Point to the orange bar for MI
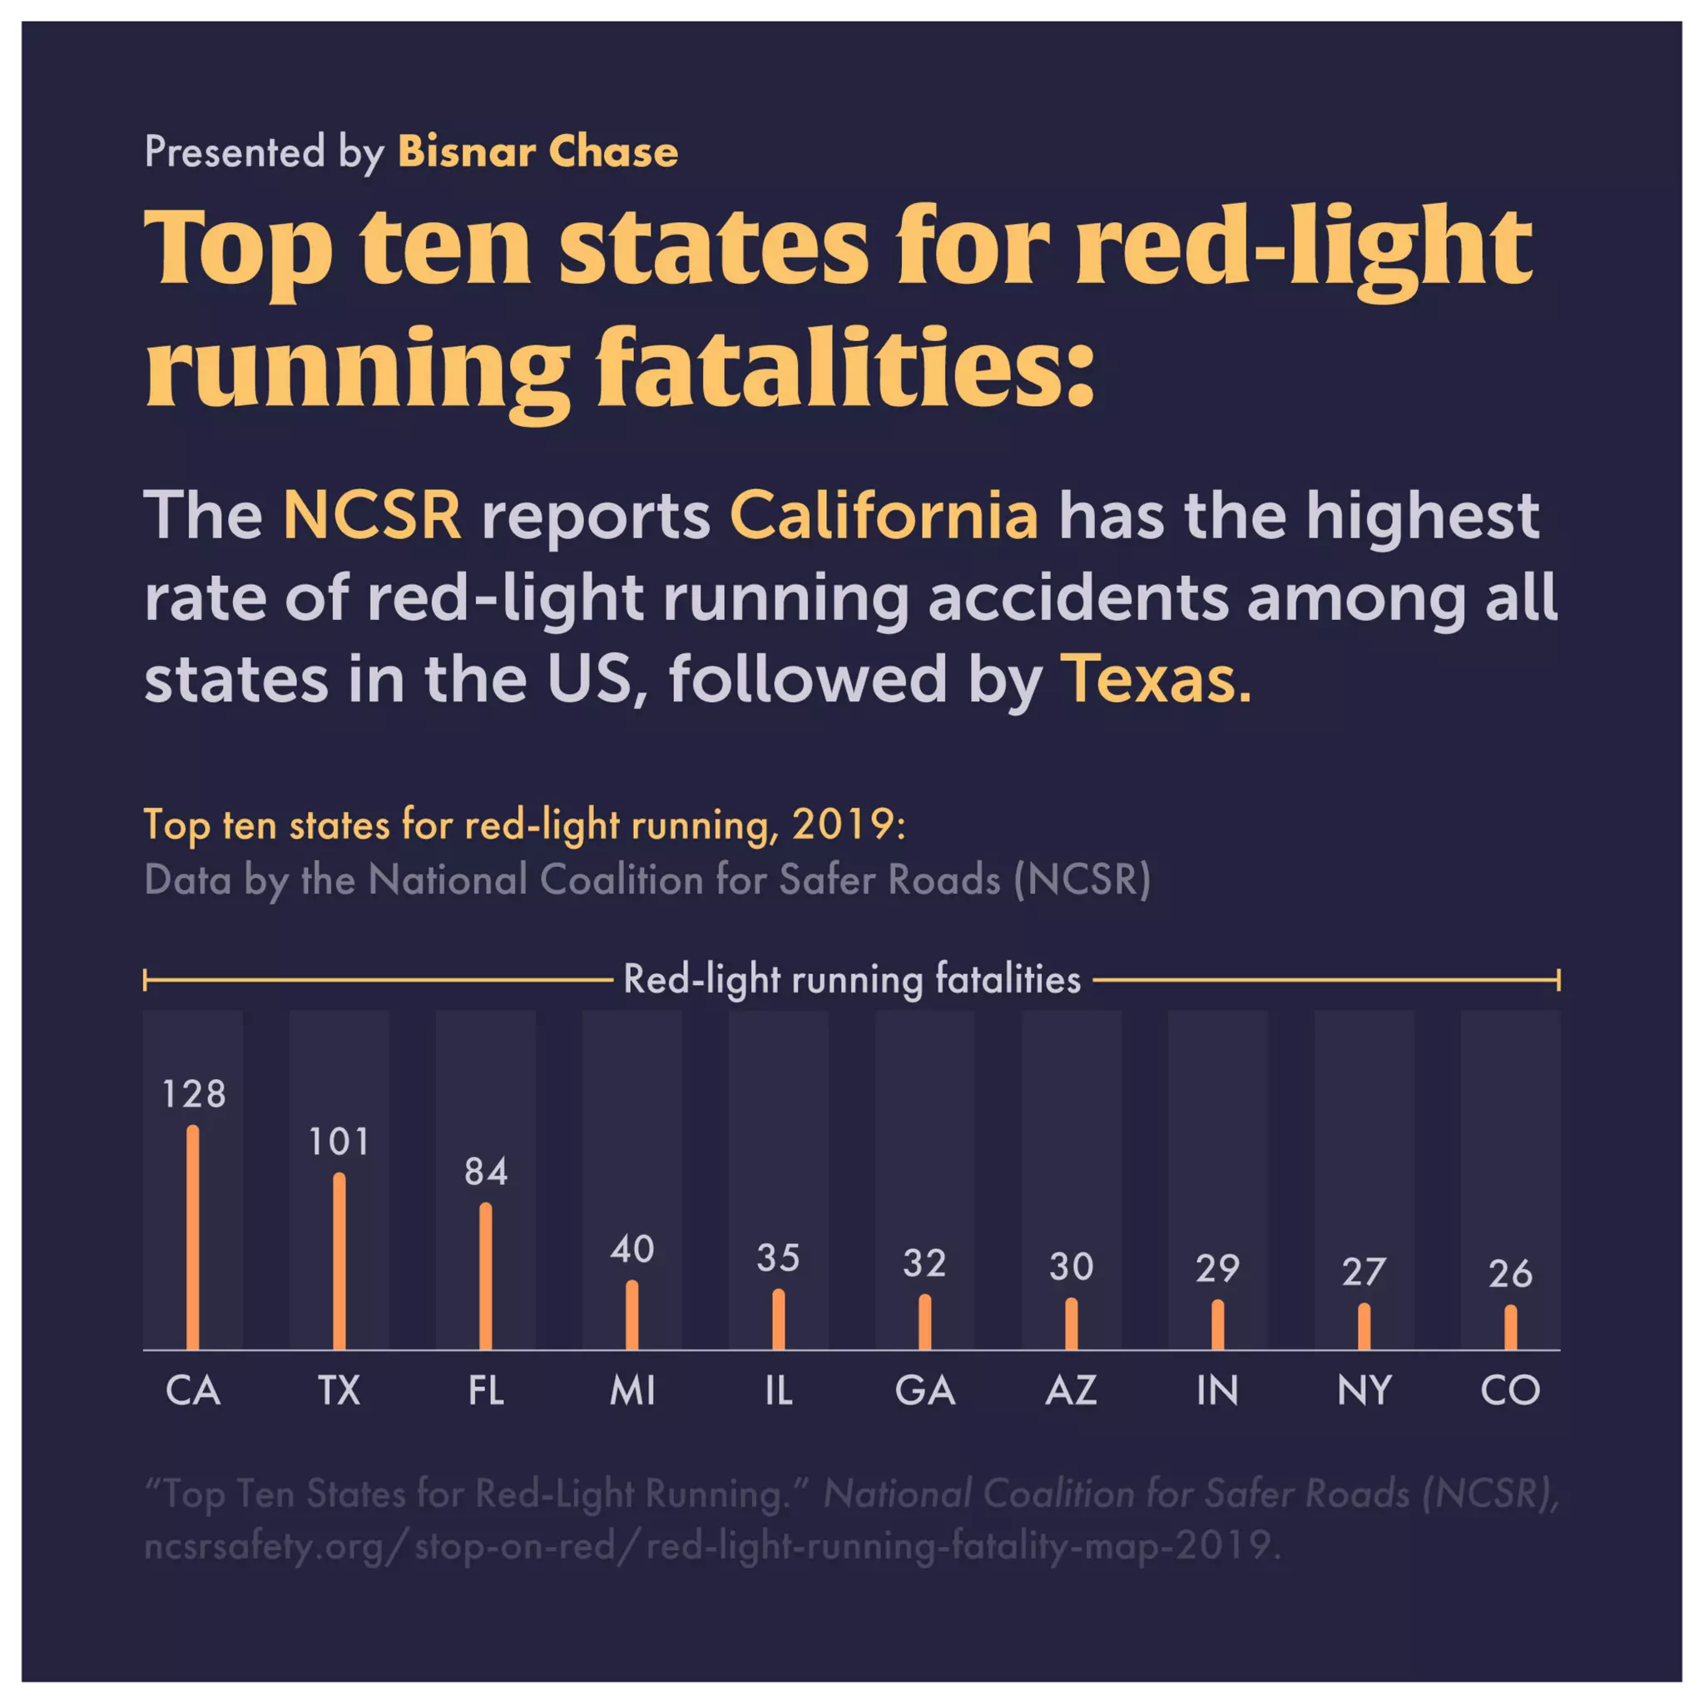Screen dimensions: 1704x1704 (x=632, y=1315)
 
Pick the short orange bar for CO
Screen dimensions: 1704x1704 (x=1510, y=1327)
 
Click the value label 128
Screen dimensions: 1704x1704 (x=193, y=1095)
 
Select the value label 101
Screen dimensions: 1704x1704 (x=339, y=1142)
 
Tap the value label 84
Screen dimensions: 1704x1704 (x=486, y=1172)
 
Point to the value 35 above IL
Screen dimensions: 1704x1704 (x=778, y=1259)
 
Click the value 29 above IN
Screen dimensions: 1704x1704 (x=1217, y=1269)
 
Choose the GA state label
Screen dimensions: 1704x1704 (x=924, y=1391)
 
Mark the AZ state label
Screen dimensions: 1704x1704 (x=1071, y=1391)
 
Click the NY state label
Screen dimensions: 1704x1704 (x=1364, y=1391)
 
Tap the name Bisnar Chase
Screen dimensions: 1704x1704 (x=538, y=151)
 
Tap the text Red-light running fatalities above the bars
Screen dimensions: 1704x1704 (x=852, y=979)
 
